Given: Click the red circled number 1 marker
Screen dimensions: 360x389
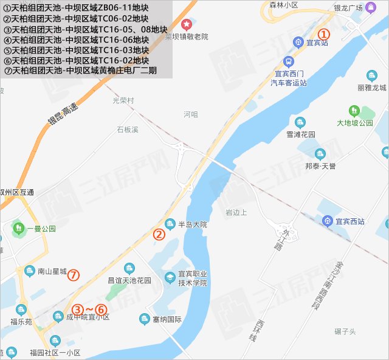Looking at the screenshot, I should coord(324,35).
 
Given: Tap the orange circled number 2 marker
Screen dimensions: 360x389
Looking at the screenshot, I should coord(159,234).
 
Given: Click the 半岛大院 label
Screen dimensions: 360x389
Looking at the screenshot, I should coord(192,224).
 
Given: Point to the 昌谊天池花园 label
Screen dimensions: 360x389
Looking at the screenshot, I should coord(129,280).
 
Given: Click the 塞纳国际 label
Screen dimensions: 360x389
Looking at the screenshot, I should coord(168,319).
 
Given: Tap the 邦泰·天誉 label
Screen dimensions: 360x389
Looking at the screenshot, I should coord(320,166).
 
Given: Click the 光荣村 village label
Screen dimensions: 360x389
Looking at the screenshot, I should coord(123,100).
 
